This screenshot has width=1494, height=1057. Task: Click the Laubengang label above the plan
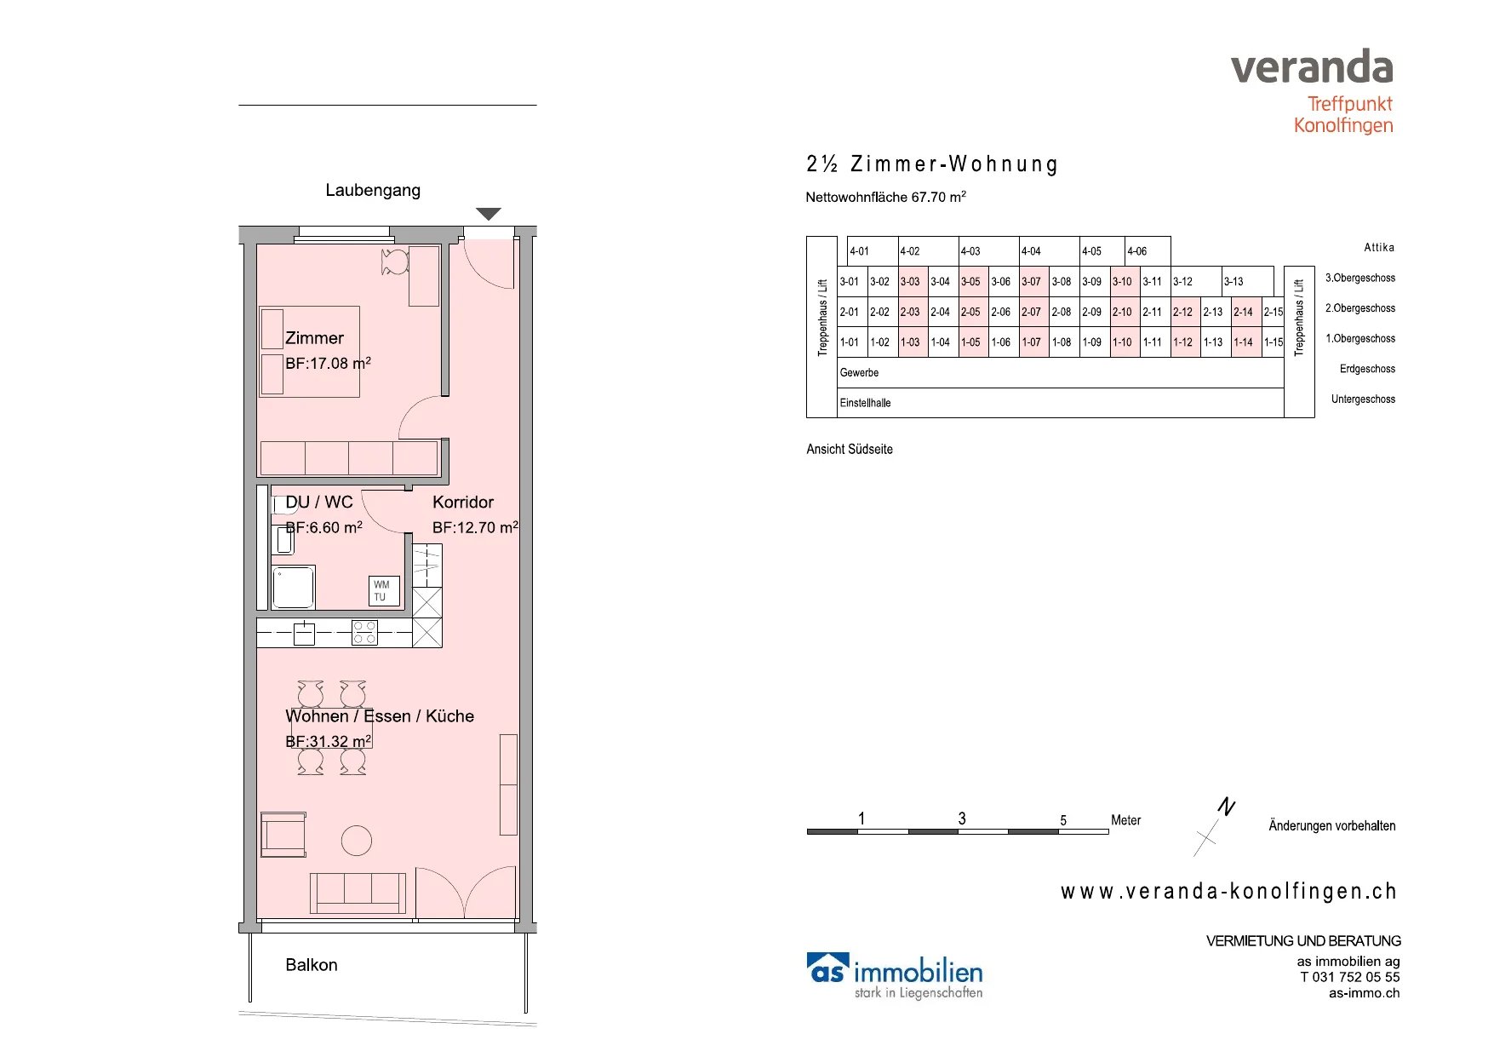tap(373, 191)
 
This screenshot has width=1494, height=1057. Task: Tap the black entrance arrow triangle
tap(488, 214)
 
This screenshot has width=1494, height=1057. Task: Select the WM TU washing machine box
tap(384, 591)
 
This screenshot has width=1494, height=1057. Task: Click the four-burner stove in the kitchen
tap(364, 633)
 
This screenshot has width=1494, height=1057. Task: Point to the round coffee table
tap(357, 841)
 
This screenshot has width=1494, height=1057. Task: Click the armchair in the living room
tap(283, 834)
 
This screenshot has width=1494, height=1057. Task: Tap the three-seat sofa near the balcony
tap(358, 893)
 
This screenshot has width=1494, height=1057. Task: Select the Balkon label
tap(312, 965)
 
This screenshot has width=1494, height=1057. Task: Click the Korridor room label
tap(463, 503)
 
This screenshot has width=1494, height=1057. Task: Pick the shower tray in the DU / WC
tap(294, 587)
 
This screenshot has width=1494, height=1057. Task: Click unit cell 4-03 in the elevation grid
tap(989, 251)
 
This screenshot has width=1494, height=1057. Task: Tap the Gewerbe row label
tap(859, 373)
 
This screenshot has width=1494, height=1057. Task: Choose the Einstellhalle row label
tap(865, 403)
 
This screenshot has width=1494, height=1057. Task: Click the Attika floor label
tap(1379, 248)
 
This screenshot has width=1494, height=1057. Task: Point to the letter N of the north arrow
tap(1227, 806)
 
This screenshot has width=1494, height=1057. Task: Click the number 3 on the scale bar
tap(962, 819)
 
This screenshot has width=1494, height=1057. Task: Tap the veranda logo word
tap(1312, 66)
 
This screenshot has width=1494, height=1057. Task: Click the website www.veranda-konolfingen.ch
tap(1228, 892)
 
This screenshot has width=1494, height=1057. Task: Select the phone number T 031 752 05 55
tap(1350, 977)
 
